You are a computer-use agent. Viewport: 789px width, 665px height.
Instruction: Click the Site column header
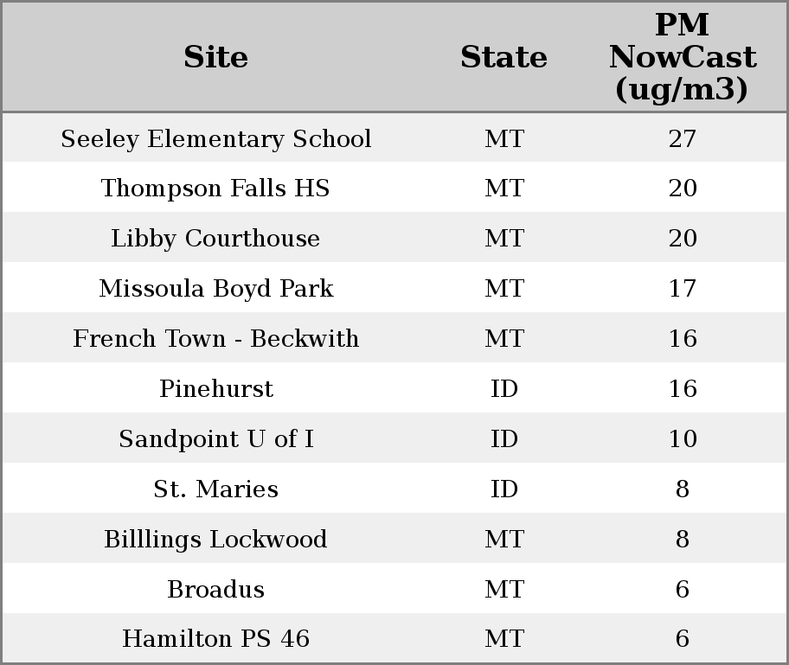coord(215,58)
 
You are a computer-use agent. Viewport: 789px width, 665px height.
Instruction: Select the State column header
coord(504,58)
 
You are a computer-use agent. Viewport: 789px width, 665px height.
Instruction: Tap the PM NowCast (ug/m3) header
coord(682,58)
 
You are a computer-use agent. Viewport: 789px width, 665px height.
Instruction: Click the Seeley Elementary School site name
coord(215,139)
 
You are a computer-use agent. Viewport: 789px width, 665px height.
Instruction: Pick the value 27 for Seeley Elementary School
coord(682,139)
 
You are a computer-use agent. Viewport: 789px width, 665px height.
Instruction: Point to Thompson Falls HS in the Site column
coord(215,189)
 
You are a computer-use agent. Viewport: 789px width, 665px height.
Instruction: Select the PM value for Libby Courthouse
coord(682,239)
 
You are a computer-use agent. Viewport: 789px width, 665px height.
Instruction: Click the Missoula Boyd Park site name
coord(215,289)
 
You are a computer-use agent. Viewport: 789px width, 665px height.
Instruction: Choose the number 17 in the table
coord(682,289)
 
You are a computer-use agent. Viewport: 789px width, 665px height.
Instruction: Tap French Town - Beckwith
coord(215,339)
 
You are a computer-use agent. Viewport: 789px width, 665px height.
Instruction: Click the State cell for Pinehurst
coord(504,389)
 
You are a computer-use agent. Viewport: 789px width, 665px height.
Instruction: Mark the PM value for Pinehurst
coord(682,389)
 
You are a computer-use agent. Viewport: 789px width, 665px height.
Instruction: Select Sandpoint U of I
coord(215,439)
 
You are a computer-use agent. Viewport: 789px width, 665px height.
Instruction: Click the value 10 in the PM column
coord(682,439)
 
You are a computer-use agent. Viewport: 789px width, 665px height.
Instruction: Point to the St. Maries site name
coord(215,489)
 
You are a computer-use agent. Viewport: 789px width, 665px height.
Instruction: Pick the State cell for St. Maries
coord(504,489)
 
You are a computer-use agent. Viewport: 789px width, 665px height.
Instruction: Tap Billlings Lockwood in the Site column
coord(215,540)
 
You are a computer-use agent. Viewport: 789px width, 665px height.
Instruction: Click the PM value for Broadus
coord(682,590)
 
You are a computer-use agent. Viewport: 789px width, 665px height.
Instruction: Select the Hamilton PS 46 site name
coord(215,639)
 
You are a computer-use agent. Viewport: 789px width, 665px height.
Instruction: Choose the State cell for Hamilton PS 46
coord(504,639)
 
